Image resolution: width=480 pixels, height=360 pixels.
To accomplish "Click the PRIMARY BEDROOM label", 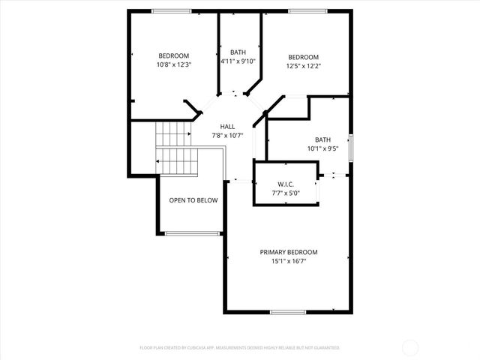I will coord(289,252).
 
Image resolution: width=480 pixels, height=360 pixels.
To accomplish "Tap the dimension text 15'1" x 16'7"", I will coord(289,261).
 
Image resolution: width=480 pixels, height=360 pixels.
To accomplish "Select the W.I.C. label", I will coord(285,184).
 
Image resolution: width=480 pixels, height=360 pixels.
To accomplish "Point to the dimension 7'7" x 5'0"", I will coord(285,193).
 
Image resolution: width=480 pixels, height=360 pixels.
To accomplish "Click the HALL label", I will coord(228,127).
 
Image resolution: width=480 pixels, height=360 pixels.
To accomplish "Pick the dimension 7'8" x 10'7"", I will coord(228,136).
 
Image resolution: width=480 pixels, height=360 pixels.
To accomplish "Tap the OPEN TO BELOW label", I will coord(193,200).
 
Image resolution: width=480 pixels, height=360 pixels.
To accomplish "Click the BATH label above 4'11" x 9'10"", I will coord(238,52).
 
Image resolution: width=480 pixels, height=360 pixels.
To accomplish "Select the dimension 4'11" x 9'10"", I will coord(238,61).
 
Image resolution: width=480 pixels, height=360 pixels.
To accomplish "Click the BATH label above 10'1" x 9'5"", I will coord(322,139).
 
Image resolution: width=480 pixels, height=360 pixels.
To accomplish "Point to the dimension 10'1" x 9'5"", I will coord(322,148).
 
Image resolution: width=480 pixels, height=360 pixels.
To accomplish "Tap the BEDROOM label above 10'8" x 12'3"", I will coord(173,55).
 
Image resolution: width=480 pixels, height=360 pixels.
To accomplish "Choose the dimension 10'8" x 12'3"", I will coord(173,64).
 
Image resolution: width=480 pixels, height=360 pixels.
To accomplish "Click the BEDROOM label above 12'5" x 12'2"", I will coord(304,58).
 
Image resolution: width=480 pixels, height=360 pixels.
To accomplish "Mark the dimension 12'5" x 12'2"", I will coord(304,67).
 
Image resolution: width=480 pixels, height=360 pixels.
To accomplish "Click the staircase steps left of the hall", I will coord(175,148).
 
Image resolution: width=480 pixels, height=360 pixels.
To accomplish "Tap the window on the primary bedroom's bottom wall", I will coord(287,311).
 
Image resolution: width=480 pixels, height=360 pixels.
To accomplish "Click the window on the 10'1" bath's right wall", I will coord(350,143).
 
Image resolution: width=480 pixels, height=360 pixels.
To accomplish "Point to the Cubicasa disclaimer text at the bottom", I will coord(240,348).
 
